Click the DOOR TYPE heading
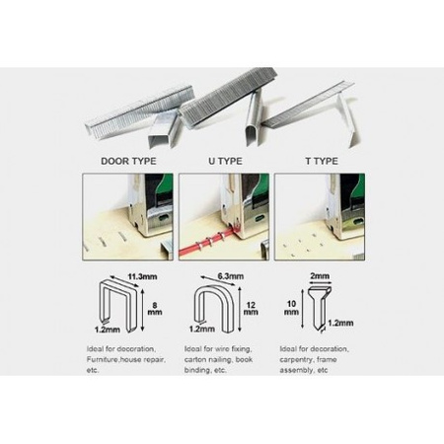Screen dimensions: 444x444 (128, 161)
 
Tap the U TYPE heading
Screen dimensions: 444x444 (225, 161)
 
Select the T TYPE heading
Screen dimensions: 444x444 (322, 161)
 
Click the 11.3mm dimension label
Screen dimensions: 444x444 (142, 276)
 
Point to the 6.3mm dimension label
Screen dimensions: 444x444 (231, 276)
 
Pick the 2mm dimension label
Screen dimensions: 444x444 (320, 276)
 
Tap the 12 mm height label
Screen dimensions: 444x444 (251, 309)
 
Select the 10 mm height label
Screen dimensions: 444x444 (291, 308)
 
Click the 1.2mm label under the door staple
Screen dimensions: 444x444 (108, 330)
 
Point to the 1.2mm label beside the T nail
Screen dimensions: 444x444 (340, 323)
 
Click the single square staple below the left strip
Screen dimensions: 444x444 (164, 131)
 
